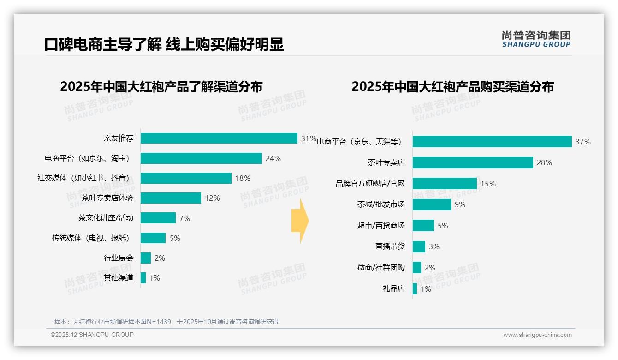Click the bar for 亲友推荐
219,138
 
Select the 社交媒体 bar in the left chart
186,178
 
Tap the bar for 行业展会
146,258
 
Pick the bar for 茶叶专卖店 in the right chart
473,162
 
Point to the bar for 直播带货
419,246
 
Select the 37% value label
583,142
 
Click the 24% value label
273,158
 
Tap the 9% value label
460,204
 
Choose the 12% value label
212,198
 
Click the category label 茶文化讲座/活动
106,218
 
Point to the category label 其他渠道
119,278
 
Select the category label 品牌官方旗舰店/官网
370,184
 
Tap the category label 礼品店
393,288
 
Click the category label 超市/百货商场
380,226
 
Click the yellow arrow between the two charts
300,221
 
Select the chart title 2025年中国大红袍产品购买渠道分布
452,87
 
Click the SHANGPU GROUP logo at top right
536,39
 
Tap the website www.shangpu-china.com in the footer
537,335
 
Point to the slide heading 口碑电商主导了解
102,45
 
